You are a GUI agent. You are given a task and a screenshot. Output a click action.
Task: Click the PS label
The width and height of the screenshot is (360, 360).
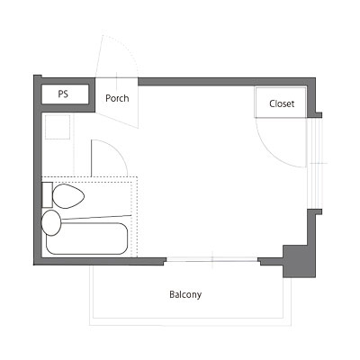63,94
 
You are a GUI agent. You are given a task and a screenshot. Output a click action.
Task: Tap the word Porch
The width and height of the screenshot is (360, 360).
117,98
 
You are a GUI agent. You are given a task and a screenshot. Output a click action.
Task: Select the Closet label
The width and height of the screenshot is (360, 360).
282,103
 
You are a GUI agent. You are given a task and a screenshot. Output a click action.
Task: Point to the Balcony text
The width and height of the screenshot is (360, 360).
185,294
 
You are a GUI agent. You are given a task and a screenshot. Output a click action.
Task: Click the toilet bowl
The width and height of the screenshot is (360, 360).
68,196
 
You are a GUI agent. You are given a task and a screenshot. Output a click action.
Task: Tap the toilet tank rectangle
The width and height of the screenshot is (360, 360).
48,194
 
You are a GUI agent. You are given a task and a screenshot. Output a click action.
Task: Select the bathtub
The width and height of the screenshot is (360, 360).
87,238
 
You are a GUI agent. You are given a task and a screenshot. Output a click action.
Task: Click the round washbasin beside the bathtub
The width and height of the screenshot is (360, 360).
50,222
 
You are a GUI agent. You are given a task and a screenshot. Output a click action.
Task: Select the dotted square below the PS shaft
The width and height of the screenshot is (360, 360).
58,127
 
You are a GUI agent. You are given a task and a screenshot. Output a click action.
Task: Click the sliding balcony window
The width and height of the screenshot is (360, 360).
212,260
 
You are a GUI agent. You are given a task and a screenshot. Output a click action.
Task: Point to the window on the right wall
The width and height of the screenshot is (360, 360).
314,164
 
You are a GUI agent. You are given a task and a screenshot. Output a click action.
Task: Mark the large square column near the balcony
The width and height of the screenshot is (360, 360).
299,261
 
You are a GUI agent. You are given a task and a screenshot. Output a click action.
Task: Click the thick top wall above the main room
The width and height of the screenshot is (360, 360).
227,82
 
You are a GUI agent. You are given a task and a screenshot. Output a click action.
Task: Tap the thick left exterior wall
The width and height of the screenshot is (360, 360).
38,170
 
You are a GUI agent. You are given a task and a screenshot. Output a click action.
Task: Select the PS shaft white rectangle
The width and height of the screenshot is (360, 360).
65,94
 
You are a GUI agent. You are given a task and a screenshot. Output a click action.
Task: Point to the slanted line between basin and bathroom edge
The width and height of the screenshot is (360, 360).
96,217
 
